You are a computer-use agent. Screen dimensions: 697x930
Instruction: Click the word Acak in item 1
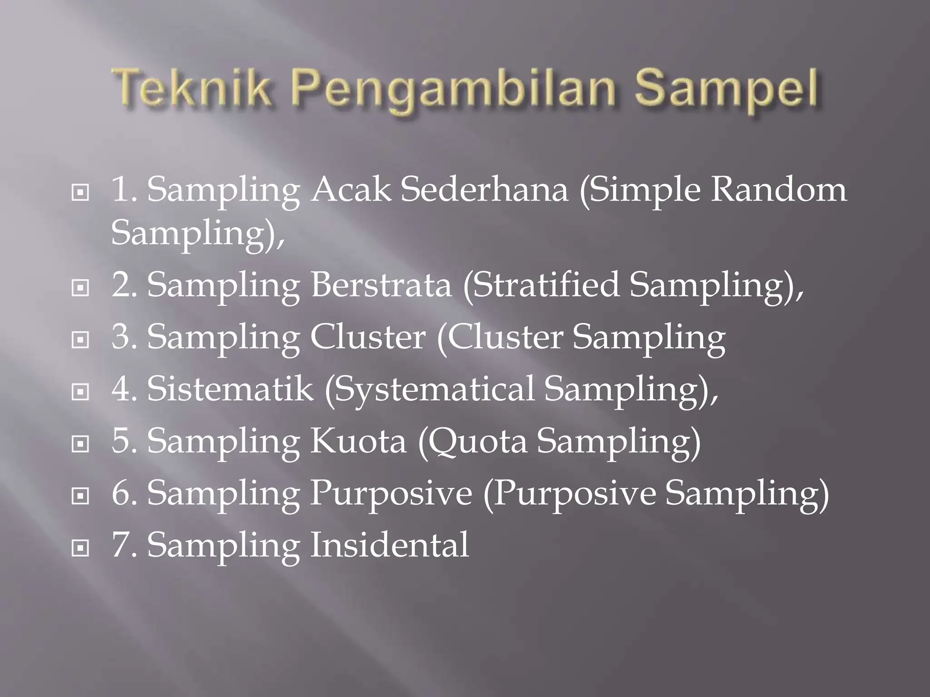(350, 189)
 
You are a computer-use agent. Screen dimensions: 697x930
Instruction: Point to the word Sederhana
(484, 189)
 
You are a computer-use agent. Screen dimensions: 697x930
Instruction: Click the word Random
(778, 189)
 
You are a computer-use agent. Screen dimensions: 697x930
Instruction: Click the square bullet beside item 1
(80, 193)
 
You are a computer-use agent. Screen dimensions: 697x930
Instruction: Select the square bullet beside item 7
(80, 549)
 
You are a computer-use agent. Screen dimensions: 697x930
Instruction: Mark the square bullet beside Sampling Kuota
(80, 444)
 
